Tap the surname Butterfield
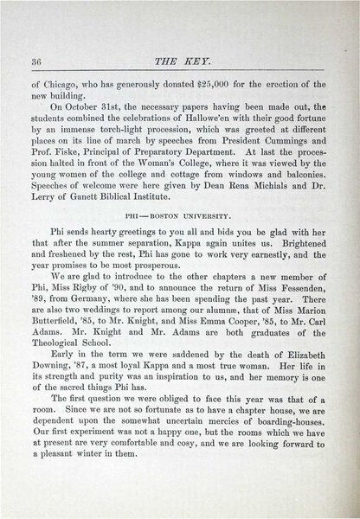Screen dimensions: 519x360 click(x=58, y=343)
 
